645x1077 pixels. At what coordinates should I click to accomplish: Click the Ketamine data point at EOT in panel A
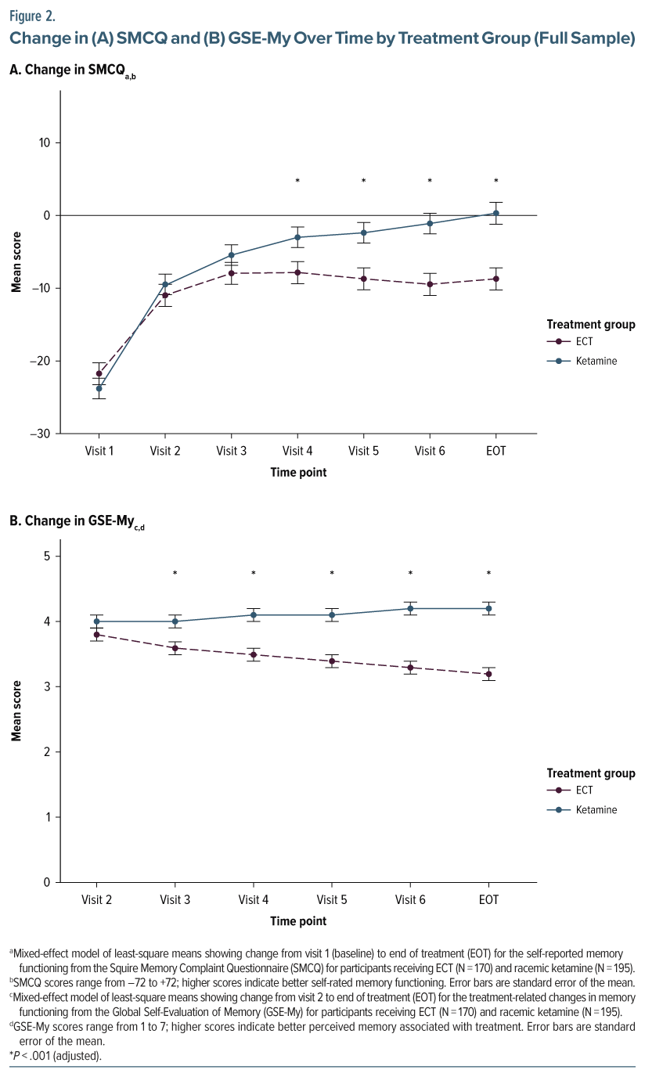coord(496,213)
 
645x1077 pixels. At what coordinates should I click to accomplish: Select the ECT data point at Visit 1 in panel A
coord(99,374)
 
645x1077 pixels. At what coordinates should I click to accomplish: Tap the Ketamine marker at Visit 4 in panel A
coord(297,237)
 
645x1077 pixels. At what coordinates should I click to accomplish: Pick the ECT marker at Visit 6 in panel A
coord(430,284)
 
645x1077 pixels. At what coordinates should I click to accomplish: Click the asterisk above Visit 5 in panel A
coord(364,182)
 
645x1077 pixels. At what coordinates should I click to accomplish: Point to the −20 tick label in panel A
coord(38,361)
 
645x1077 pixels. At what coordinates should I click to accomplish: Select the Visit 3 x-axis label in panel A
coord(232,451)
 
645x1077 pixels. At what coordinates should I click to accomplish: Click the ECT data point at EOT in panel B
coord(488,674)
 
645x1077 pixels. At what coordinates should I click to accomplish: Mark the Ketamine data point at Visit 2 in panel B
coord(97,621)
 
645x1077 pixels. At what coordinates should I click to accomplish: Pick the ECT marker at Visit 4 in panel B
coord(254,654)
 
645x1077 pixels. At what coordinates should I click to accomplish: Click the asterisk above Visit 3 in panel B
coord(175,574)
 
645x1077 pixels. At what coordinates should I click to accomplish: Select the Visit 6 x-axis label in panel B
coord(410,900)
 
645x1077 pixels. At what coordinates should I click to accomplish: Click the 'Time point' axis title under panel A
coord(298,472)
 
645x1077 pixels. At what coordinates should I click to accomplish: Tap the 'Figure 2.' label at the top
coord(32,14)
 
